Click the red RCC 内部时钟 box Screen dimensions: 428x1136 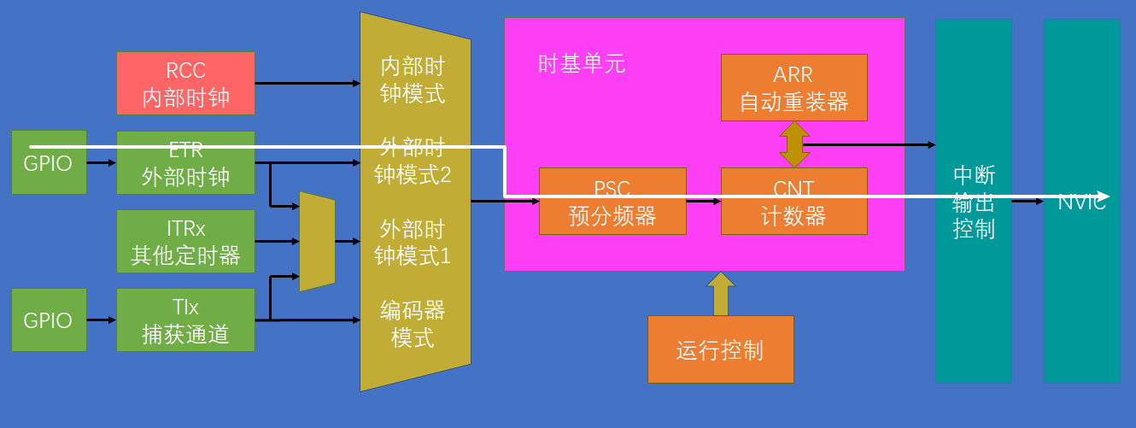pyautogui.click(x=185, y=83)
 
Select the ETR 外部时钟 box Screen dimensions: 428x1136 pyautogui.click(x=185, y=162)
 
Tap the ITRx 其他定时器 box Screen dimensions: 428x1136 pyautogui.click(x=185, y=242)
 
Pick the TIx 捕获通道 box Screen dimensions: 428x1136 pyautogui.click(x=185, y=320)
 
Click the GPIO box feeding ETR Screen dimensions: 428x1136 pyautogui.click(x=49, y=162)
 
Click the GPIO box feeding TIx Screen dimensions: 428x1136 pyautogui.click(x=49, y=320)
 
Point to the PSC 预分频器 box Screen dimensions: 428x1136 pyautogui.click(x=612, y=202)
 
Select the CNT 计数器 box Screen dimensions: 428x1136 pyautogui.click(x=793, y=202)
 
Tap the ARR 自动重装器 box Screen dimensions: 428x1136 pyautogui.click(x=793, y=88)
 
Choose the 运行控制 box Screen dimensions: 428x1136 pyautogui.click(x=720, y=349)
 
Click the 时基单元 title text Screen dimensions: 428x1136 pyautogui.click(x=582, y=64)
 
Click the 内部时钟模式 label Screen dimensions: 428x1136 pyautogui.click(x=413, y=79)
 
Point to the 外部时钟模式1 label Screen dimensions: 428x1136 pyautogui.click(x=413, y=242)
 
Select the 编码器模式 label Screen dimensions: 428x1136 pyautogui.click(x=413, y=323)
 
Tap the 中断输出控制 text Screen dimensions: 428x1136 pyautogui.click(x=974, y=202)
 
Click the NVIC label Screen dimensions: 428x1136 pyautogui.click(x=1081, y=202)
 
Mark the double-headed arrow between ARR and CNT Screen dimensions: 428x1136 pyautogui.click(x=794, y=144)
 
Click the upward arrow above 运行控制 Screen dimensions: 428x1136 pyautogui.click(x=721, y=294)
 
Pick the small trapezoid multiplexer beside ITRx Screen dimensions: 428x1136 pyautogui.click(x=317, y=242)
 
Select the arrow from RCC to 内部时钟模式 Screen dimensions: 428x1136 pyautogui.click(x=307, y=83)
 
